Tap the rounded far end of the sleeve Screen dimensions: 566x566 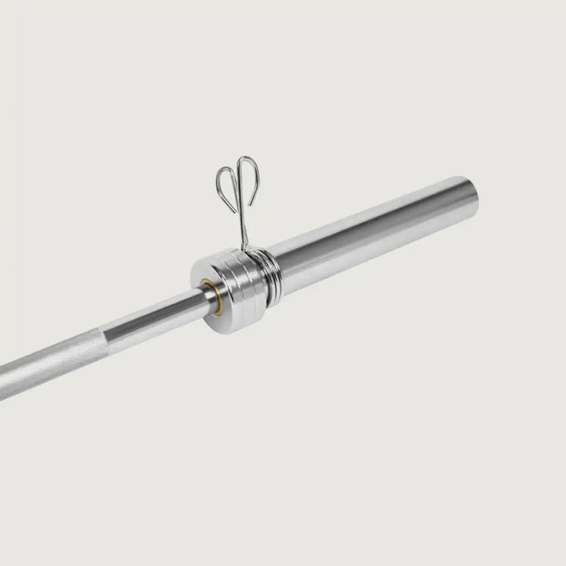coord(473,195)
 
